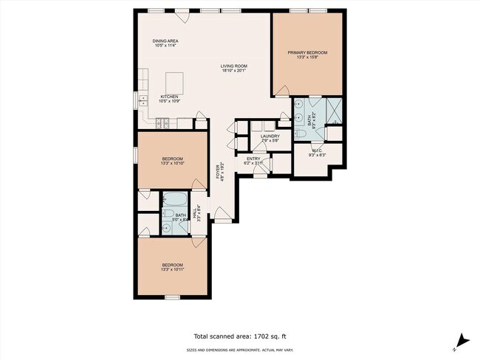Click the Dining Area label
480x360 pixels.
(x=165, y=41)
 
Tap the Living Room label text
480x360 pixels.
(x=233, y=66)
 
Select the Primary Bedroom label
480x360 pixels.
(x=308, y=52)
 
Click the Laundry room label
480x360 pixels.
(x=269, y=136)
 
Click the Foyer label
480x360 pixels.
(x=218, y=172)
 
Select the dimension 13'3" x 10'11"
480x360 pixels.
(x=172, y=270)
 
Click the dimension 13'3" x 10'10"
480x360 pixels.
(x=172, y=164)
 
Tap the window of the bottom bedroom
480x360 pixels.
(x=172, y=297)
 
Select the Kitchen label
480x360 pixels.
(x=171, y=97)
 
